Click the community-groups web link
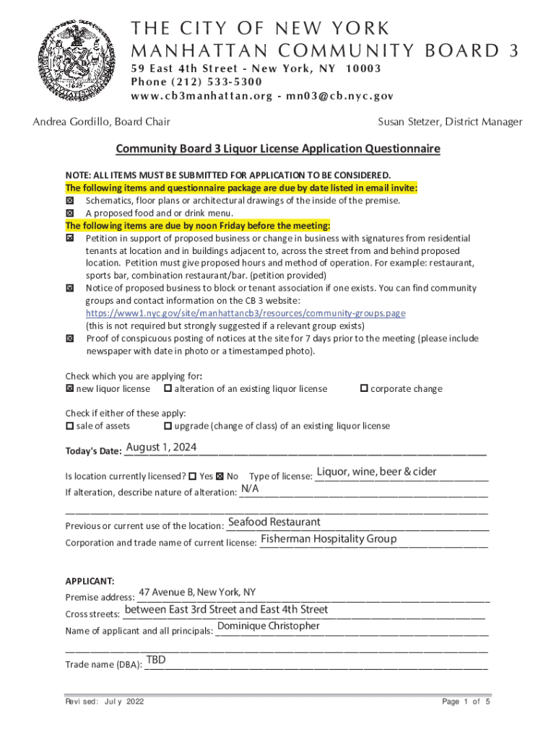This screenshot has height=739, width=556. (x=246, y=313)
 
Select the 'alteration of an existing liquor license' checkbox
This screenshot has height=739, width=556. (x=168, y=389)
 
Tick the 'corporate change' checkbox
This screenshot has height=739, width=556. (x=364, y=389)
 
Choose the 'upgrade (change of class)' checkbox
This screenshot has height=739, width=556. (x=168, y=426)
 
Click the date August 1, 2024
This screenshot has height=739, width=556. (x=161, y=447)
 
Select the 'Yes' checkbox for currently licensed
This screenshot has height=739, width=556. (x=192, y=476)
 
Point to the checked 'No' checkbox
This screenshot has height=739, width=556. (x=220, y=476)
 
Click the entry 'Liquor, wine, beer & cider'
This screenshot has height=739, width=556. (x=376, y=472)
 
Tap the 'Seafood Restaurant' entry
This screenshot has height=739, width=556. (x=274, y=522)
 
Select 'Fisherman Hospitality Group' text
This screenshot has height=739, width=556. (x=329, y=538)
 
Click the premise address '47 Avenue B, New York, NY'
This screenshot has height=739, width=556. (x=197, y=592)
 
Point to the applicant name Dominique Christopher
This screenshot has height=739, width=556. (x=268, y=626)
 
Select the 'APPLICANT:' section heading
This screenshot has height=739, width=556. (x=90, y=581)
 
